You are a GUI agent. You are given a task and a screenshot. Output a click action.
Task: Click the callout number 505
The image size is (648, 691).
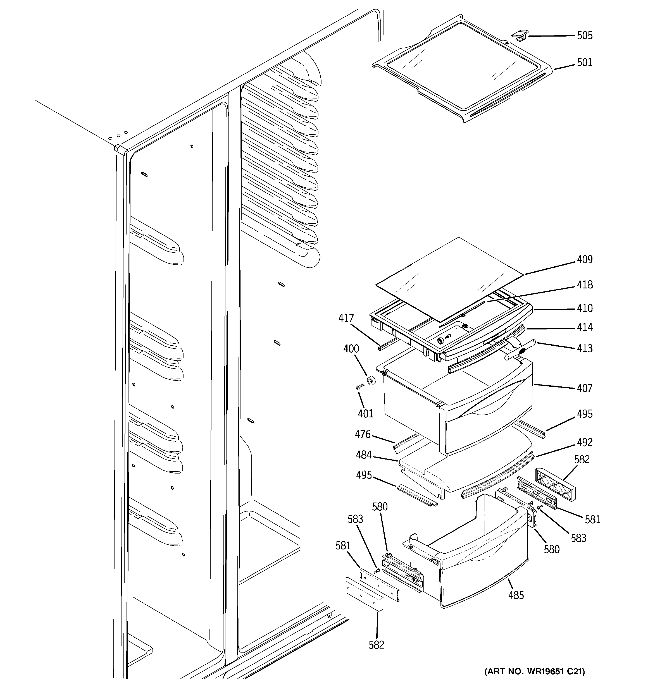pos(584,35)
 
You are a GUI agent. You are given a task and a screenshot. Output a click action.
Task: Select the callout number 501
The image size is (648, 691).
pos(584,63)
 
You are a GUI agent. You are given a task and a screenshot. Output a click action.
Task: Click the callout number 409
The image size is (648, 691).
pos(584,260)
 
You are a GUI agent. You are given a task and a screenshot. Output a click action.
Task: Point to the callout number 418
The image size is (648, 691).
pos(584,285)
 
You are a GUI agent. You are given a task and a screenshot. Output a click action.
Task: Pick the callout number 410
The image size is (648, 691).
pos(584,308)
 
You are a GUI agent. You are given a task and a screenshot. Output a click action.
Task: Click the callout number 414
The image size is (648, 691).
pos(584,327)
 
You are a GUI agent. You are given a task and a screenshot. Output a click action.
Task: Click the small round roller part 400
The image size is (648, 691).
pos(372,381)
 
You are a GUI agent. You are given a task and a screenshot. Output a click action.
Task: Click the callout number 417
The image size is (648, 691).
pos(346,318)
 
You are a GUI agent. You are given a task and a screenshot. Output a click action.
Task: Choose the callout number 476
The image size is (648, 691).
pos(363,434)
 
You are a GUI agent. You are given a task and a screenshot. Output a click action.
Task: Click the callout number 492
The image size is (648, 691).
pos(584,443)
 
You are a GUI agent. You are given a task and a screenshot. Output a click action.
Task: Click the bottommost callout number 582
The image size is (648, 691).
pos(376,645)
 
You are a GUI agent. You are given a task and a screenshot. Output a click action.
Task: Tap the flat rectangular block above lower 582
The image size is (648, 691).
pos(364,594)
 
